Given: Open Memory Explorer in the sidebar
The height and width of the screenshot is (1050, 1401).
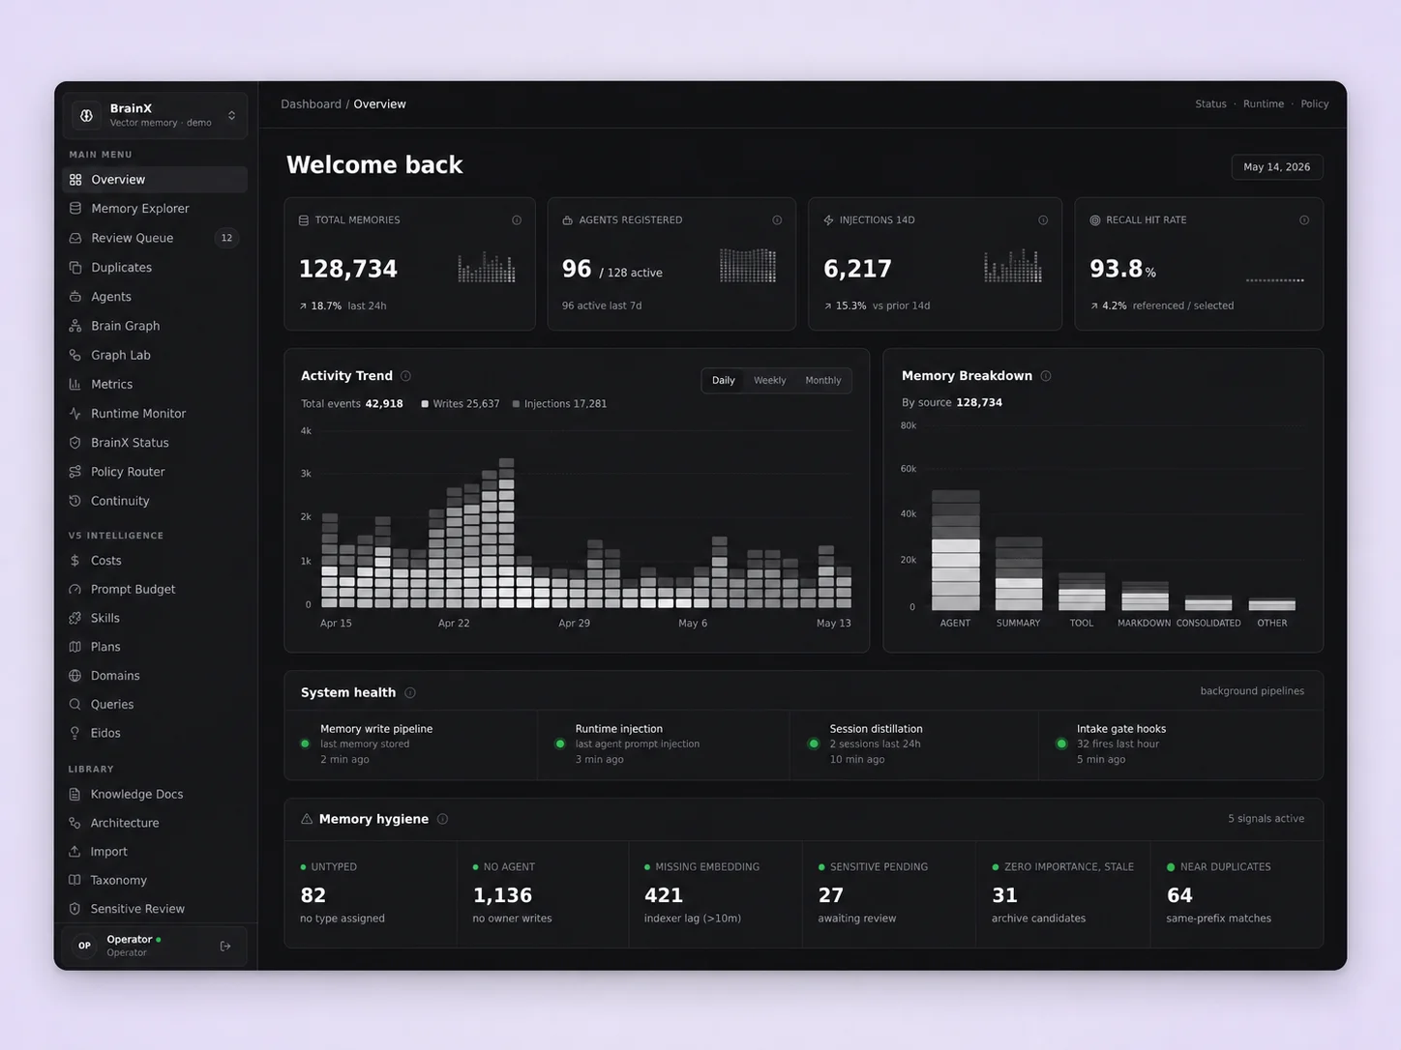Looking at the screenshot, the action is pos(139,209).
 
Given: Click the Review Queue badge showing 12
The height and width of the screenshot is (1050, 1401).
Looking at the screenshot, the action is pos(226,238).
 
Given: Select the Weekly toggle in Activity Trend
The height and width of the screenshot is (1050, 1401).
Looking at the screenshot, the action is pos(769,380).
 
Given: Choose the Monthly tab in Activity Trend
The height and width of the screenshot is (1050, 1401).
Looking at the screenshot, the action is pos(822,380).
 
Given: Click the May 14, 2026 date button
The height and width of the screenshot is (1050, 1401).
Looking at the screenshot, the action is pos(1276,167).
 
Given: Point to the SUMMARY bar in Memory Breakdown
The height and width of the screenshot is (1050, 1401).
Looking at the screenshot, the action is pos(1019,573).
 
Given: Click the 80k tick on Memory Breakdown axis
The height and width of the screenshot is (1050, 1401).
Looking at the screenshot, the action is pos(909,425).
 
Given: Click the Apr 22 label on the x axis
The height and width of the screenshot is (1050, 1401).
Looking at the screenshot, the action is pos(454,623).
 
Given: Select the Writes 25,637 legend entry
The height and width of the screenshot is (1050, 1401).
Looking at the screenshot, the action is pos(461,403).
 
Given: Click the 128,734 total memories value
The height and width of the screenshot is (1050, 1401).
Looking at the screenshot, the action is pos(348,269).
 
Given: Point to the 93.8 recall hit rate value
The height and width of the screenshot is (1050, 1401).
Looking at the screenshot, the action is pos(1116,269).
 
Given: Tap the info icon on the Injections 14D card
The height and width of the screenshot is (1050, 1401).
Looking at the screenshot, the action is pos(1043,219).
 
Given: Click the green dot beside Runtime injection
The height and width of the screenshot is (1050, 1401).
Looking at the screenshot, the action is pos(560,744).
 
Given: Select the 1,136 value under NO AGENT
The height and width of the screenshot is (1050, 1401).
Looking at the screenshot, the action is pos(502,895).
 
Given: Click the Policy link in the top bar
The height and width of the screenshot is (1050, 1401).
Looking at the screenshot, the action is pos(1314,103).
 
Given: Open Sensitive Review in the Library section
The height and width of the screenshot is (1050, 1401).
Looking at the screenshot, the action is pos(137,909).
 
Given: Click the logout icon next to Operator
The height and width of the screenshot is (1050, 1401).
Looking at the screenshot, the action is pos(225,947).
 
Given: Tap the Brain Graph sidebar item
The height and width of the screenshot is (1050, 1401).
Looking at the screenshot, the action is pos(125,326).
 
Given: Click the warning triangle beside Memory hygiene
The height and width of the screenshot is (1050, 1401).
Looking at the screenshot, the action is pos(307,819).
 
